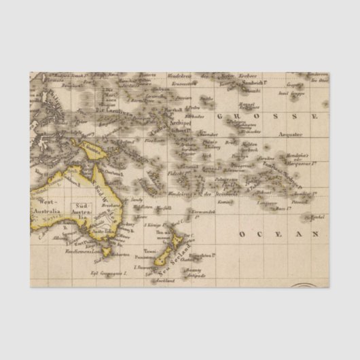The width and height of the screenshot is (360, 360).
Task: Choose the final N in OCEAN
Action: [316, 233]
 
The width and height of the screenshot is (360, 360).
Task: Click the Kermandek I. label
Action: [204, 213]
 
